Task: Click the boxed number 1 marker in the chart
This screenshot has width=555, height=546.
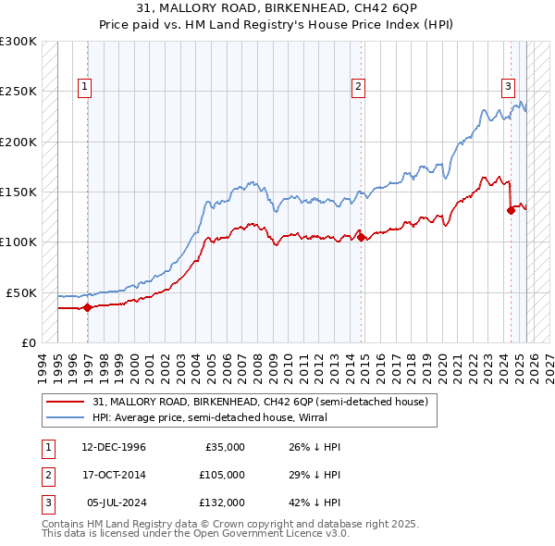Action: point(84,88)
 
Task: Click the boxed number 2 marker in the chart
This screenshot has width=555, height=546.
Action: point(358,88)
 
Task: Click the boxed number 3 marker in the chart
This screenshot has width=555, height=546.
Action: point(508,88)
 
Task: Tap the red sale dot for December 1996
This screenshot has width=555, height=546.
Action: point(87,307)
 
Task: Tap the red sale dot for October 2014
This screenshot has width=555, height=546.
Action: point(361,237)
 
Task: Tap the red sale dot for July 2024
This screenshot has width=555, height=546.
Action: point(511,210)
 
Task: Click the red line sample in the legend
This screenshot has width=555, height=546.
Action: point(65,403)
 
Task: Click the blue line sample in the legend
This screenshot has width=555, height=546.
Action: point(65,417)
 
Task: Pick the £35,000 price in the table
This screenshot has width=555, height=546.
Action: point(225,447)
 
